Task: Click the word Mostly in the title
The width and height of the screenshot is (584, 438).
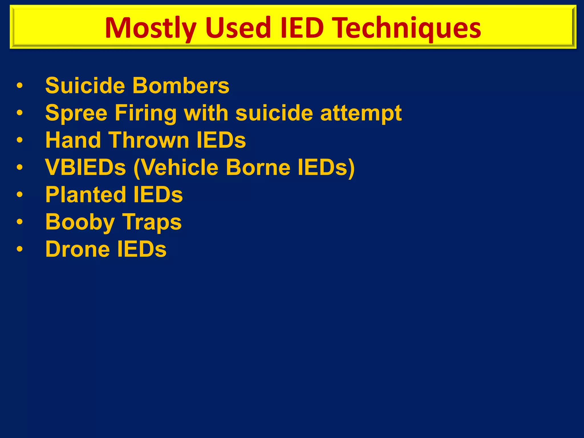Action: click(x=151, y=28)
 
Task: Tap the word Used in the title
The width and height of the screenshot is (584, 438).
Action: click(x=238, y=28)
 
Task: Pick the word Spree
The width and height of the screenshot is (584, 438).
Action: click(x=76, y=113)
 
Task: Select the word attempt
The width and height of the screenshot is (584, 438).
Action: click(x=361, y=113)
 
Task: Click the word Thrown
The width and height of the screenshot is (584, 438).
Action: click(x=149, y=140)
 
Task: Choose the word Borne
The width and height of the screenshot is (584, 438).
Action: click(x=258, y=167)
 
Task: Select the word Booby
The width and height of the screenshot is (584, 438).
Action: click(x=80, y=222)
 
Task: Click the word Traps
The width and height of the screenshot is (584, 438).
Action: click(x=152, y=222)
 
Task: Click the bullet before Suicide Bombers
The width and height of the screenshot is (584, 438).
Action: click(x=19, y=86)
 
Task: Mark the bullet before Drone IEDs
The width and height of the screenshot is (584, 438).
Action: click(x=19, y=249)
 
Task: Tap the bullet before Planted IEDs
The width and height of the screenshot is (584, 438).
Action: click(x=19, y=194)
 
